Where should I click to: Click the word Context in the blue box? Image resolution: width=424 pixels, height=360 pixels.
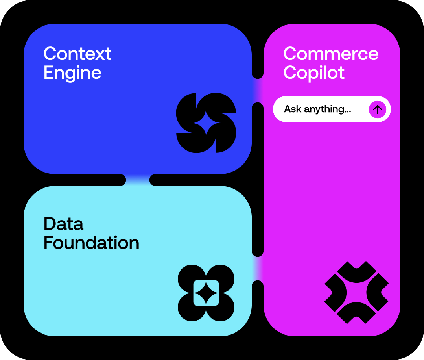click(x=77, y=54)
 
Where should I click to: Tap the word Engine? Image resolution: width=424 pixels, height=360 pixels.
click(x=72, y=73)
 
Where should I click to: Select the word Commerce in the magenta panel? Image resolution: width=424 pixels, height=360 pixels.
click(x=331, y=54)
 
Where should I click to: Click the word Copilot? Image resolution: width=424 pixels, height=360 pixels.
click(x=314, y=73)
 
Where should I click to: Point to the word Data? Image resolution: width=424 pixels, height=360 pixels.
click(x=63, y=224)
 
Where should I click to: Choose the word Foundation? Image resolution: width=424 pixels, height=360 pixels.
click(x=91, y=243)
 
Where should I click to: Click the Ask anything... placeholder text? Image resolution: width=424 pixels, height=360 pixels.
click(x=317, y=109)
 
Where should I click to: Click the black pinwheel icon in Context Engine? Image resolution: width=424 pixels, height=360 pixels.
click(x=206, y=123)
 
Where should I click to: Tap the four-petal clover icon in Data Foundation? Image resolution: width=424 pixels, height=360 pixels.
click(x=206, y=293)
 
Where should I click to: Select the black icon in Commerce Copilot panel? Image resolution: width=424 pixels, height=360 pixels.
click(x=356, y=293)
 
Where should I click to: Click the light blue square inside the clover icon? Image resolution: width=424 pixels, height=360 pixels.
click(x=206, y=293)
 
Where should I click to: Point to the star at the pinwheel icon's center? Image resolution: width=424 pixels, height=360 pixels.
click(x=206, y=123)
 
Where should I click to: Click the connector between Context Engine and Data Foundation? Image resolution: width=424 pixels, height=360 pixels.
click(x=138, y=180)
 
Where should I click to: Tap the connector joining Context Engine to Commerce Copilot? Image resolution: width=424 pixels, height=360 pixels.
click(x=258, y=90)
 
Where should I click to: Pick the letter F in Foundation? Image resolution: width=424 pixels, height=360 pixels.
click(x=48, y=243)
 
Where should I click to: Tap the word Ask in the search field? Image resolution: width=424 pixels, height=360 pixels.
click(x=293, y=109)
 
